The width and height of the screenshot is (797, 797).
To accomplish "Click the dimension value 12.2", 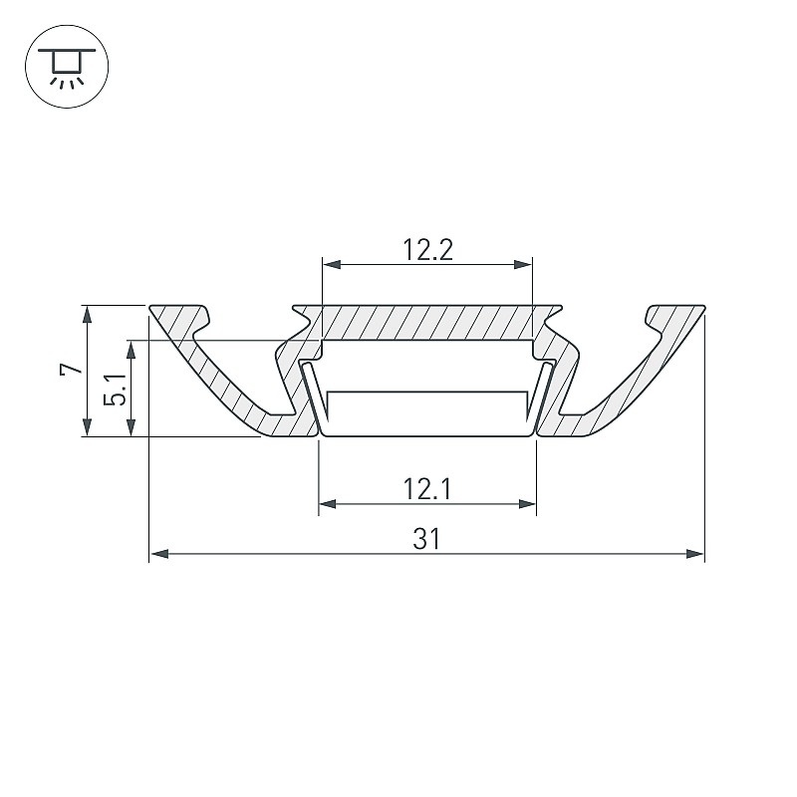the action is click(427, 250).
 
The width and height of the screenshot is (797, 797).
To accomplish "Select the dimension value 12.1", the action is click(427, 489).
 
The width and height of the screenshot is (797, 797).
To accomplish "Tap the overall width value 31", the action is click(426, 539).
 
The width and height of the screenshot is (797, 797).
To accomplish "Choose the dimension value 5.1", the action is click(116, 389).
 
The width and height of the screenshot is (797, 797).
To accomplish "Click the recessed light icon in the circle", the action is click(67, 67).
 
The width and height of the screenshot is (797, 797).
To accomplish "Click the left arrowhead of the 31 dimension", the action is click(159, 554).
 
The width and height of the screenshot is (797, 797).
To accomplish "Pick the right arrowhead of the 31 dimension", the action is click(694, 554).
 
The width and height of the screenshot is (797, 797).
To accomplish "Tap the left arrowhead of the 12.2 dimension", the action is click(332, 264).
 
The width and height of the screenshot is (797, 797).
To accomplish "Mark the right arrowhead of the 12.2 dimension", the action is click(523, 264).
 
